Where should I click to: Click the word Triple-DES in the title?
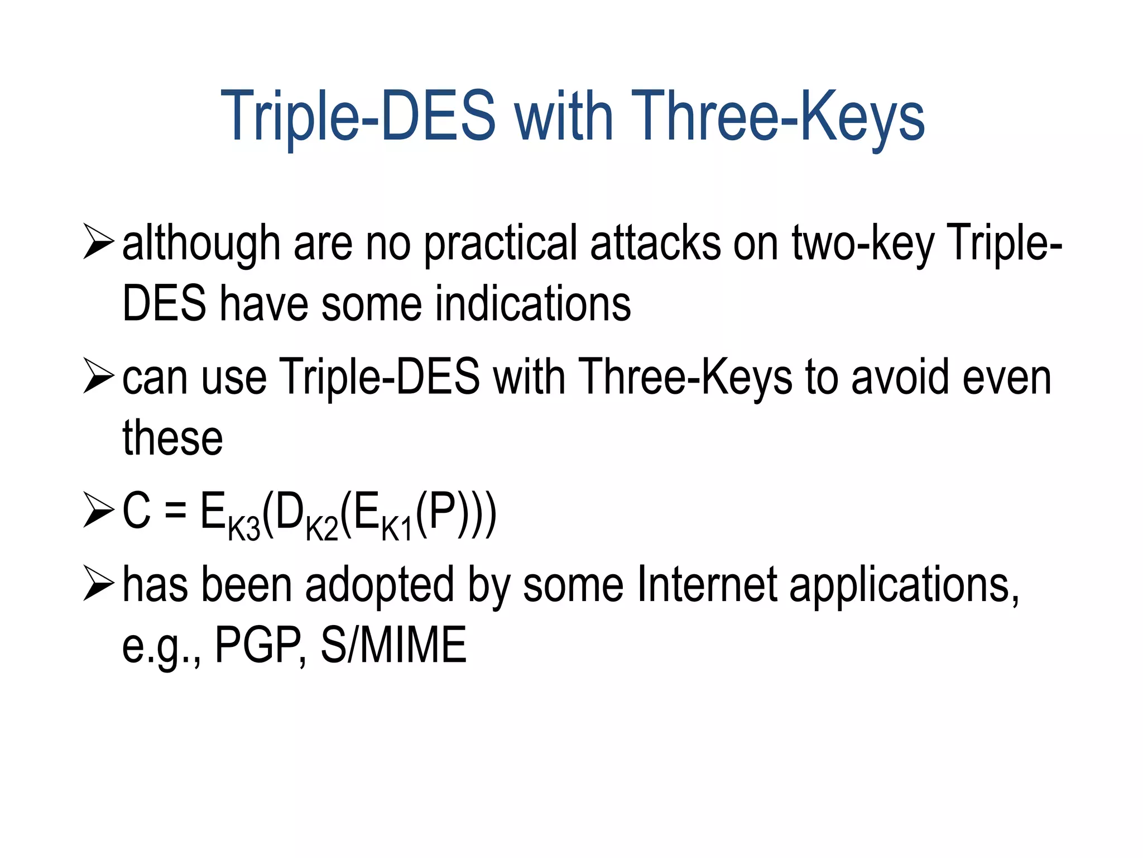[x=358, y=116]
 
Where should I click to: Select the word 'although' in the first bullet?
[x=201, y=244]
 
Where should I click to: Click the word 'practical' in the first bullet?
[x=500, y=244]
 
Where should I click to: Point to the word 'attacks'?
[x=655, y=244]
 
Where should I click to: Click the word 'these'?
[x=172, y=438]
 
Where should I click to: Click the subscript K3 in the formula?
[x=244, y=529]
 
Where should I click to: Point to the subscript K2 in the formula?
[x=322, y=529]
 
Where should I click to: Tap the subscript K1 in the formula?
[x=397, y=529]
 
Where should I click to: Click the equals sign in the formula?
[x=175, y=512]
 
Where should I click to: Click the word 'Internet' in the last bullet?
[x=707, y=585]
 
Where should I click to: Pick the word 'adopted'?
[x=379, y=585]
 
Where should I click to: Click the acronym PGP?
[x=260, y=645]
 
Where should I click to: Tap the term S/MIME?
[x=393, y=645]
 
